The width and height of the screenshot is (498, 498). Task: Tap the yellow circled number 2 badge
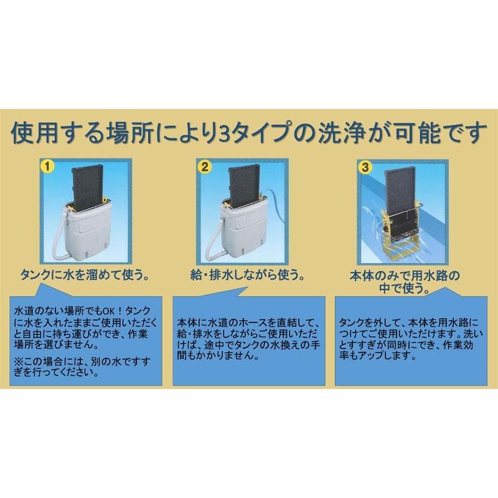(x=203, y=166)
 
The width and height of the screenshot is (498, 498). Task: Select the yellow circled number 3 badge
(x=365, y=166)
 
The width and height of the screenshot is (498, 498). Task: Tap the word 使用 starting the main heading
(x=34, y=133)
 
